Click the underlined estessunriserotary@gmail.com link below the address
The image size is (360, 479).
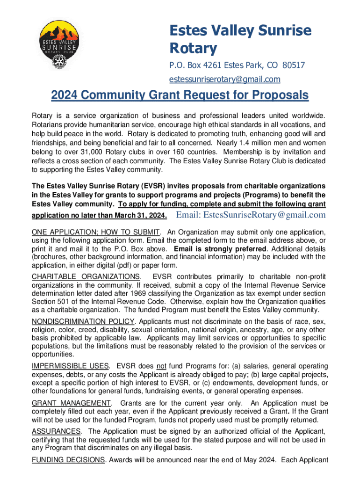[224, 79]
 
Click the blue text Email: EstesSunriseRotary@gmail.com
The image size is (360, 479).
[250, 215]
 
